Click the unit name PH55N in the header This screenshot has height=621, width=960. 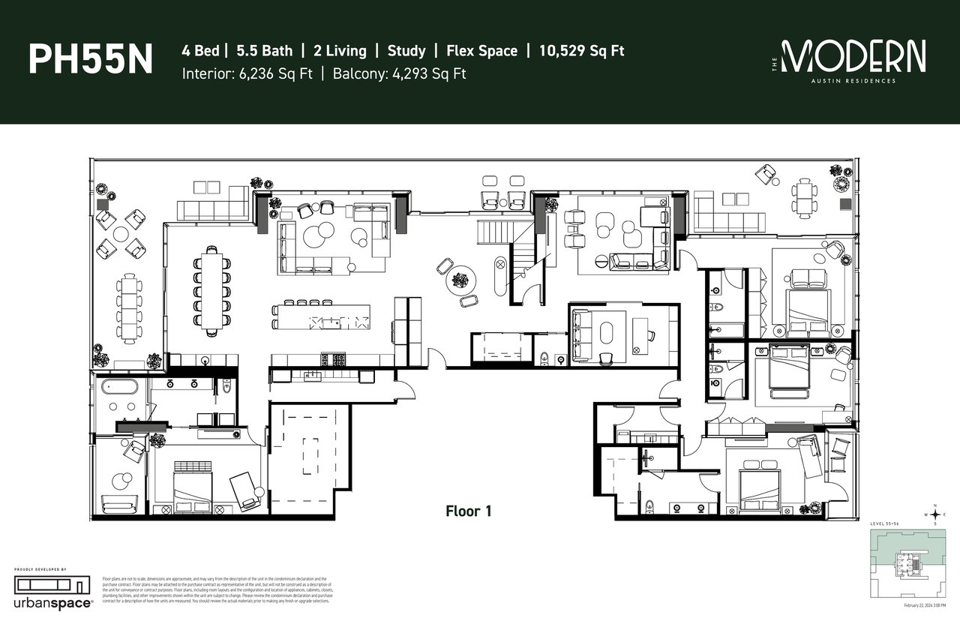point(90,59)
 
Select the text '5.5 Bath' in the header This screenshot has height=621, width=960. point(264,51)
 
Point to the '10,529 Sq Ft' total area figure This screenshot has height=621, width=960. point(581,51)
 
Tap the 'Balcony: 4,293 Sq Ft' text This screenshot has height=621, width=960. point(397,73)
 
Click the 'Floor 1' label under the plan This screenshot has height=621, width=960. point(468,511)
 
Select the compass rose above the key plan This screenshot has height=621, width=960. point(934,514)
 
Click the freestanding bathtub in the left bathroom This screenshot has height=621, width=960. point(120,388)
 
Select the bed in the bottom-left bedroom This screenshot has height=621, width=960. point(189,487)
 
